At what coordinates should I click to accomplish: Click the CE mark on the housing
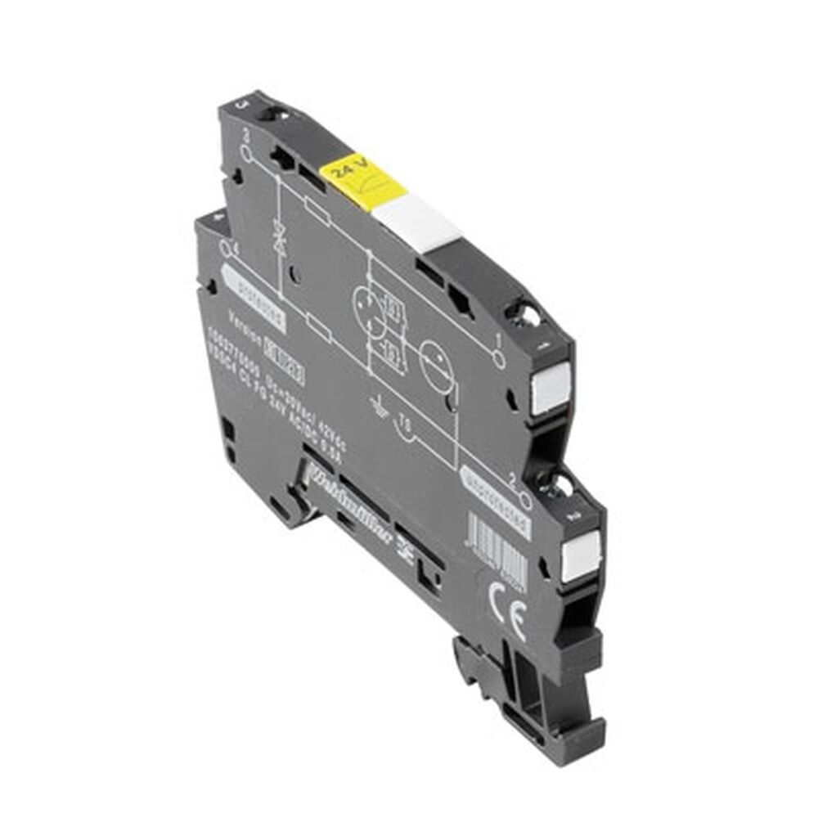[x=517, y=613]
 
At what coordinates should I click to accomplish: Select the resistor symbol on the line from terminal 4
[x=320, y=330]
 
